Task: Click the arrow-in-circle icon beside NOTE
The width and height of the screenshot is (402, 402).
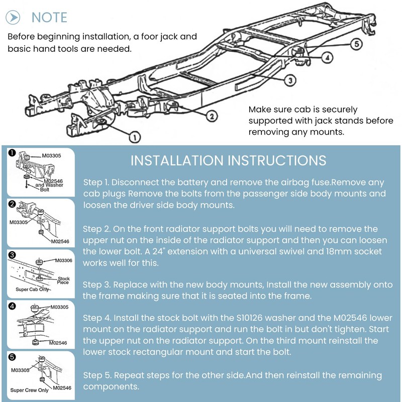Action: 13,18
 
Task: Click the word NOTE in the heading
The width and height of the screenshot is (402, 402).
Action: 49,18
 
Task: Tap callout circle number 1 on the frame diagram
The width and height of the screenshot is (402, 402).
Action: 134,137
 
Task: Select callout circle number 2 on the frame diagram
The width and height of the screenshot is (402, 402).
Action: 212,117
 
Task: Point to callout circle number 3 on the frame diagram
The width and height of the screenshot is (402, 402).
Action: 290,80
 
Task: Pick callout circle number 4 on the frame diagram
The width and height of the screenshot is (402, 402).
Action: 327,57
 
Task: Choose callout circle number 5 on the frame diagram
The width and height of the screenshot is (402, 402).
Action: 357,44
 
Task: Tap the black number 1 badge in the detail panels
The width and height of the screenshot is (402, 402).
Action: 12,153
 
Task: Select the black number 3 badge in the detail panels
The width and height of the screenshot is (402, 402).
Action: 12,255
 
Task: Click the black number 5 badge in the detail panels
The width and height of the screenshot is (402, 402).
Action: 12,357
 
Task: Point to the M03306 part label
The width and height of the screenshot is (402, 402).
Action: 64,260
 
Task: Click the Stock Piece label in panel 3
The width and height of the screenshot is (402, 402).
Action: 63,280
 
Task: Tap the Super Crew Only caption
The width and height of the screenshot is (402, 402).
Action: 29,390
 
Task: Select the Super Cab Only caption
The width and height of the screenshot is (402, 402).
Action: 32,289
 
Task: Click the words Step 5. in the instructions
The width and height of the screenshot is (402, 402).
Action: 97,375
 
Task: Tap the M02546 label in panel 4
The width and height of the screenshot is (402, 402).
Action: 58,343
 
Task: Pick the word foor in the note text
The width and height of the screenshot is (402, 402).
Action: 149,37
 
